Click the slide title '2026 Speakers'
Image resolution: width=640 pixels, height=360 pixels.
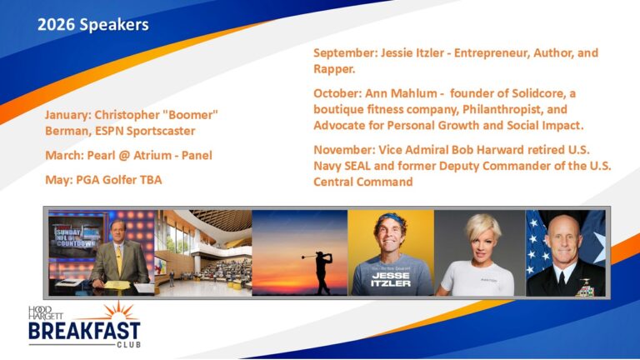tap(92, 25)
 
